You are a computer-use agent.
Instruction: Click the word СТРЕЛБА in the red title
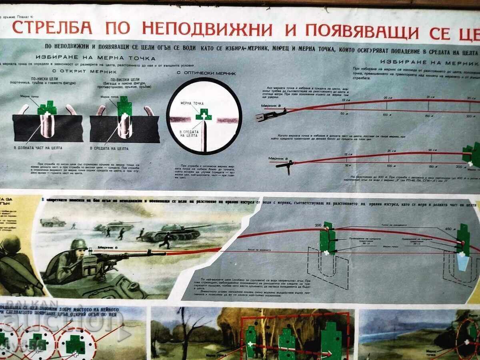click(x=52, y=28)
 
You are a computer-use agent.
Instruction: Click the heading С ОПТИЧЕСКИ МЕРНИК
click(x=206, y=74)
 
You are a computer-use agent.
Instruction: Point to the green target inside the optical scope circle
click(x=203, y=114)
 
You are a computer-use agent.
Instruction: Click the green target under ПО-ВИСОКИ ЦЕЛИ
click(x=124, y=106)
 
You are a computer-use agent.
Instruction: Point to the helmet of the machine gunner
click(x=78, y=244)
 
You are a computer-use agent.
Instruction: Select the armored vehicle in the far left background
click(x=52, y=222)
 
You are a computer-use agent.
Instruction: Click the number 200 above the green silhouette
click(x=318, y=226)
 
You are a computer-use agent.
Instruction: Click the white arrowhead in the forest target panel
click(x=328, y=354)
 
